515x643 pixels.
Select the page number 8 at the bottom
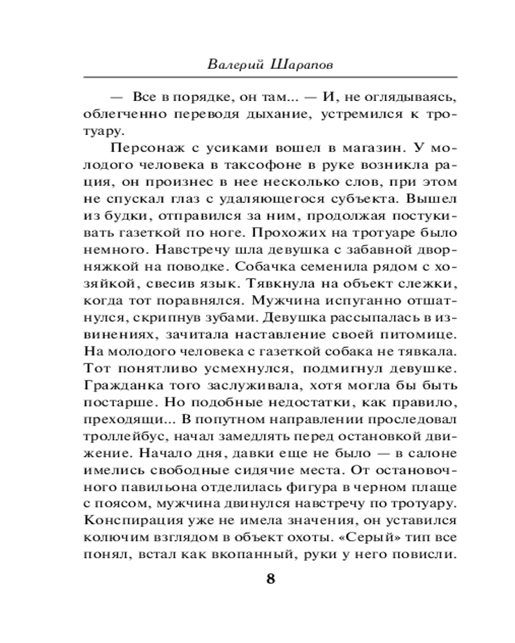click(x=270, y=578)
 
